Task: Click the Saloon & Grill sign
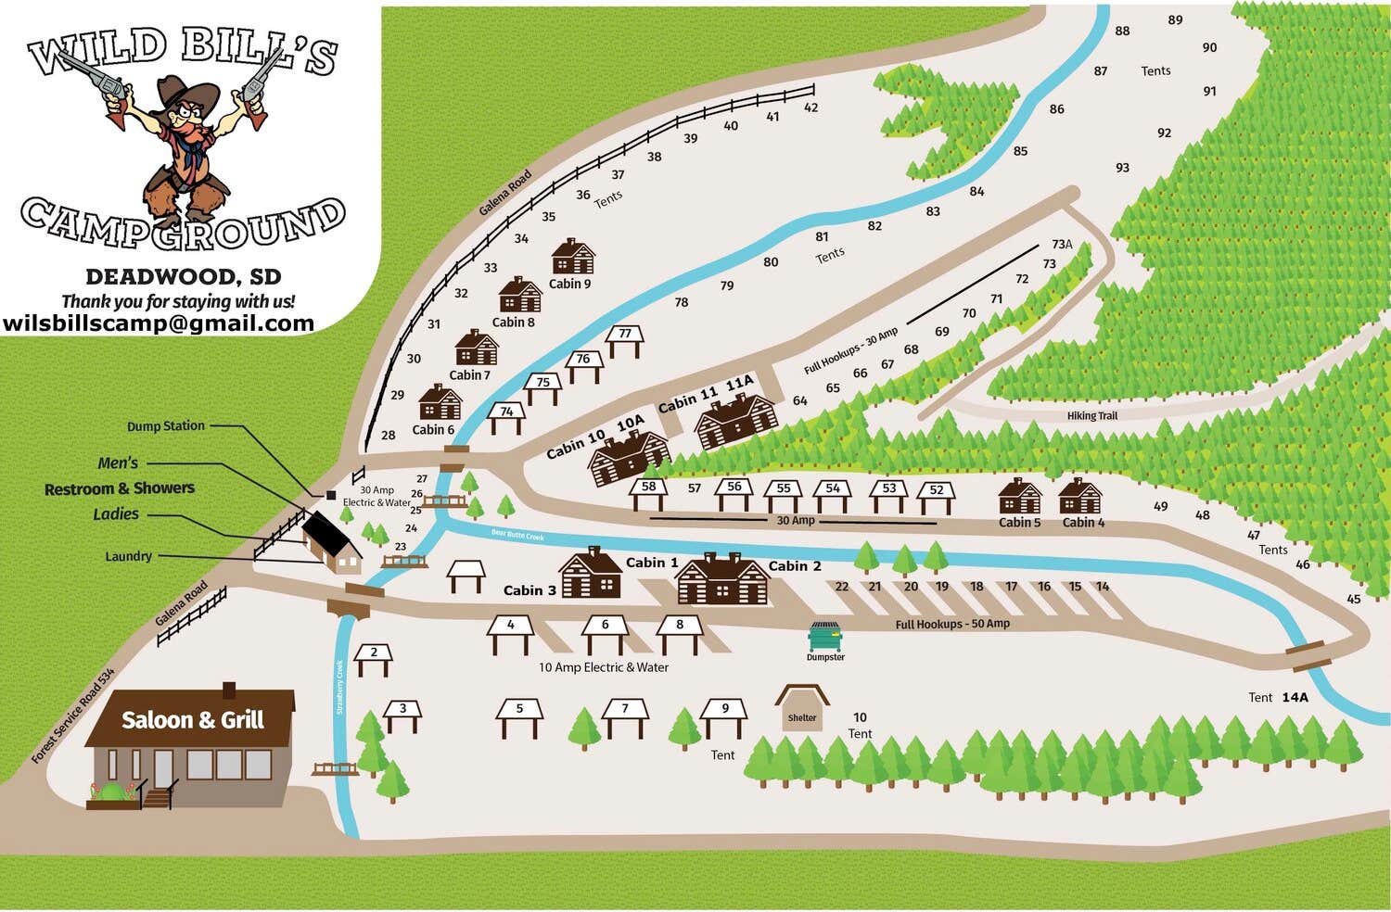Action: pyautogui.click(x=193, y=720)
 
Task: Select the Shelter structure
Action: pyautogui.click(x=802, y=709)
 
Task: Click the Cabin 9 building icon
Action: pyautogui.click(x=572, y=257)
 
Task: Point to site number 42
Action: pyautogui.click(x=811, y=108)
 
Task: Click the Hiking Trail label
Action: pyautogui.click(x=1091, y=416)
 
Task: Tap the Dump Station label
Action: pyautogui.click(x=166, y=426)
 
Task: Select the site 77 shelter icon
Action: pyautogui.click(x=625, y=339)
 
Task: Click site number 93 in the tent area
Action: pyautogui.click(x=1123, y=168)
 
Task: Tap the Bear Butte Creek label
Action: pyautogui.click(x=517, y=535)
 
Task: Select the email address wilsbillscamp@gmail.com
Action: pyautogui.click(x=159, y=323)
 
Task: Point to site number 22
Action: pyautogui.click(x=842, y=587)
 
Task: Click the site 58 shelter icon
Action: pyautogui.click(x=649, y=492)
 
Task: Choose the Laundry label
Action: pyautogui.click(x=128, y=556)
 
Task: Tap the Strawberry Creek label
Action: pyautogui.click(x=339, y=687)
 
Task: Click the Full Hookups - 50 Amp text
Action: pyautogui.click(x=952, y=625)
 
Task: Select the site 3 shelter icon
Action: pyautogui.click(x=402, y=714)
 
